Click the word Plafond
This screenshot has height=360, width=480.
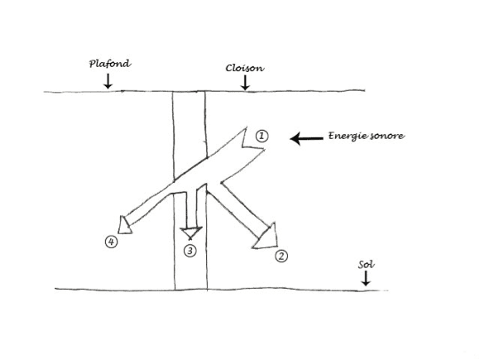coord(110,64)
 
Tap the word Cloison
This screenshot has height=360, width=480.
coord(245,68)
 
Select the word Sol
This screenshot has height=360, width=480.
coord(366,265)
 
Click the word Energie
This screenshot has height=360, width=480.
coord(347,136)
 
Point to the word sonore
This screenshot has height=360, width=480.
coord(387,136)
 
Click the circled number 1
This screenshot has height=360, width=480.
coord(262,137)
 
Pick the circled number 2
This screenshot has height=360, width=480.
coord(281,256)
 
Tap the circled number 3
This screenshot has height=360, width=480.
coord(190,251)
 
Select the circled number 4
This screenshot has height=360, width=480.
coord(111,242)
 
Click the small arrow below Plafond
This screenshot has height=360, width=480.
coord(108,81)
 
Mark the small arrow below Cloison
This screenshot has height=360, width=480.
coord(245,83)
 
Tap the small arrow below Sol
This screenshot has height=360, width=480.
coord(366,278)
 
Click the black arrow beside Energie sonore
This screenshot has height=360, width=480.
coord(306,139)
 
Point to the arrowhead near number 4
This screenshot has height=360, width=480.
coord(124,226)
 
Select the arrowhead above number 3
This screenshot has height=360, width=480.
coord(191,233)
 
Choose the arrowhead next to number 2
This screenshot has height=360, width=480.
coord(267,238)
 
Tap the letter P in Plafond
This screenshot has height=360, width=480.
coord(93,64)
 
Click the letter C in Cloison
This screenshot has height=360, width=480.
coord(229,68)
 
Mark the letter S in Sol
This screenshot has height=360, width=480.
coord(362,265)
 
